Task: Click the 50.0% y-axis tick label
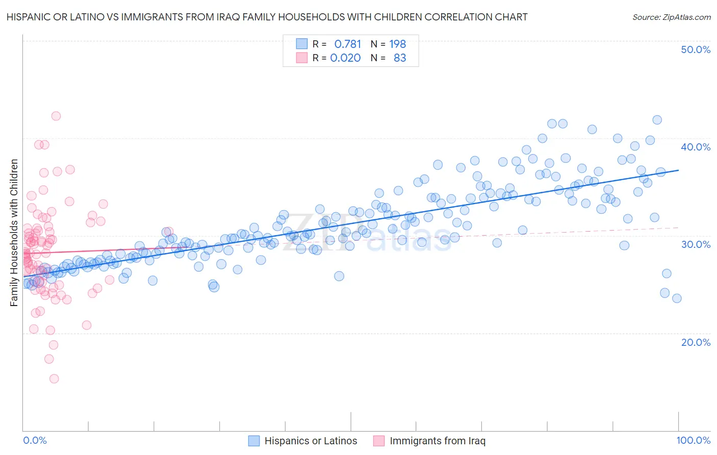pos(696,50)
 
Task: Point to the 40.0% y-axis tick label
pos(696,147)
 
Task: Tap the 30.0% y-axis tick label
pos(696,244)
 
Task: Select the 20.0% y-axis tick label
pos(696,342)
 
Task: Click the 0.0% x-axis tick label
pos(35,441)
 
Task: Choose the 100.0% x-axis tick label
pos(693,441)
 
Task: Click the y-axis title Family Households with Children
pos(14,233)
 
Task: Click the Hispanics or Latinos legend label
pos(311,441)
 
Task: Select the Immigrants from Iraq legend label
pos(438,441)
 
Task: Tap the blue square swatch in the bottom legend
pos(254,441)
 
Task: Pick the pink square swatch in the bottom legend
pos(379,441)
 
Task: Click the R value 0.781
pos(347,44)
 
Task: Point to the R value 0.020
pos(345,58)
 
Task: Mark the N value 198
pos(397,44)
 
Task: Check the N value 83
pos(400,58)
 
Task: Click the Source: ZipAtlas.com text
pos(671,17)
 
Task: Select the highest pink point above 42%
pos(56,116)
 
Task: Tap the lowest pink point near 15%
pos(54,378)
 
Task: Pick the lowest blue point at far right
pos(677,298)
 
